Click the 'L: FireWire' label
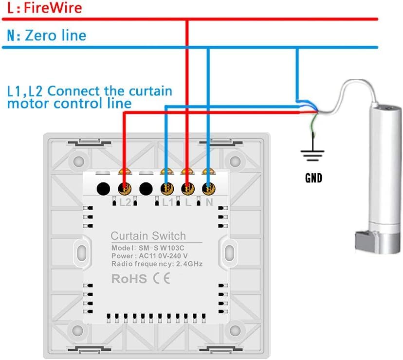tap(45, 8)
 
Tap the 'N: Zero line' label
tap(47, 36)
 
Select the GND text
tap(313, 178)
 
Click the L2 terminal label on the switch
tap(125, 203)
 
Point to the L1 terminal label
tap(168, 203)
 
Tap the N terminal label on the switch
tap(209, 203)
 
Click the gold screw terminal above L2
tap(125, 189)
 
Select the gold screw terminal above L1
tap(167, 189)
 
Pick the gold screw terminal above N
tap(208, 189)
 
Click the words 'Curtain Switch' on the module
tap(148, 236)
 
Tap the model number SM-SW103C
tap(162, 248)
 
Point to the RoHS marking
tap(129, 279)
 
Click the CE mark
tap(162, 279)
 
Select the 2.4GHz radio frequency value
tap(189, 264)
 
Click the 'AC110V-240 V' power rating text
tap(163, 256)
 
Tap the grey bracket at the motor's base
tap(366, 241)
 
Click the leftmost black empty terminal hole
tap(103, 189)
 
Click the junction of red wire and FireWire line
tap(187, 19)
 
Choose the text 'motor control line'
tap(70, 104)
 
